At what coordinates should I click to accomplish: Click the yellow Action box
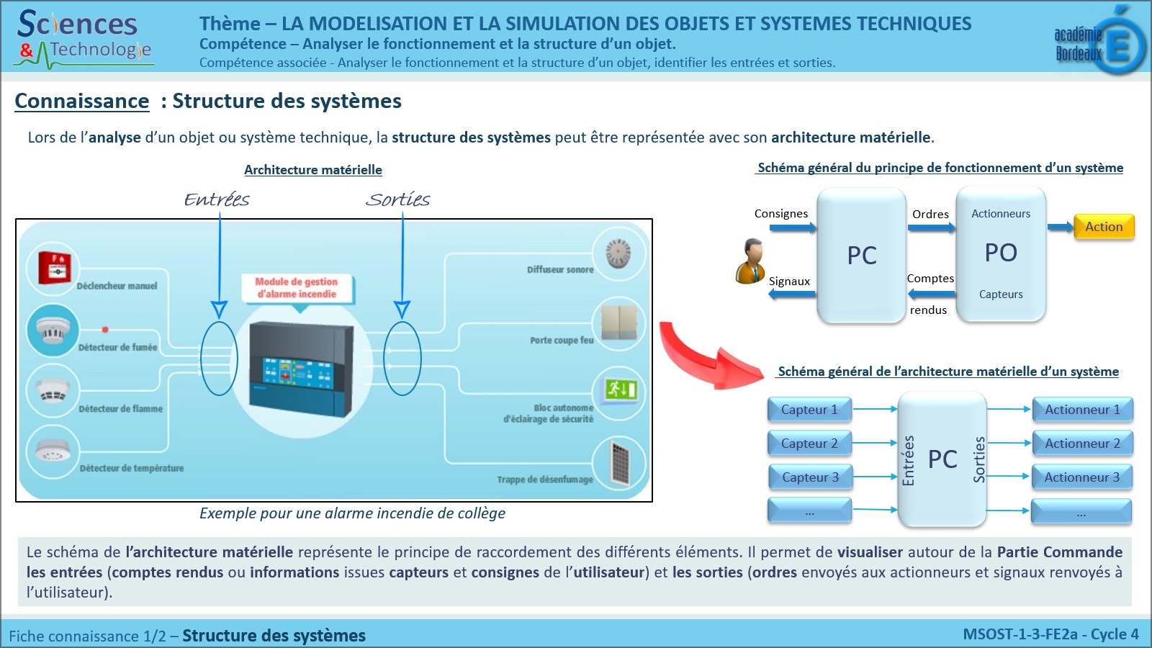pos(1103,227)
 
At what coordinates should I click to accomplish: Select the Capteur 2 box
pos(809,444)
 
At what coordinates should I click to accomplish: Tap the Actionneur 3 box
pos(1081,477)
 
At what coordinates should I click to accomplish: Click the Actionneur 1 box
pos(1082,410)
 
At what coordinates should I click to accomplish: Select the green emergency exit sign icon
pos(620,390)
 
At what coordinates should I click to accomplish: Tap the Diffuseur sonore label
pos(560,270)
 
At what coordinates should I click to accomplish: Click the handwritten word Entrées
pos(217,199)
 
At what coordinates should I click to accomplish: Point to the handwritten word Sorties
pos(397,199)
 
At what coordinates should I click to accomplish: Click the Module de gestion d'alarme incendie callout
pos(297,288)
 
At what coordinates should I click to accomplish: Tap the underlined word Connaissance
pos(82,101)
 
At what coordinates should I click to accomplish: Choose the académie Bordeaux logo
pos(1099,42)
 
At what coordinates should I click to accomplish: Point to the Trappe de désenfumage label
pos(545,480)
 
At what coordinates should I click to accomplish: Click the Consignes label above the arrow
pos(780,214)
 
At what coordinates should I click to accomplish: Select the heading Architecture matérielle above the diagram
pos(313,170)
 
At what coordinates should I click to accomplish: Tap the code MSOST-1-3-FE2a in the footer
pos(1020,634)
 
